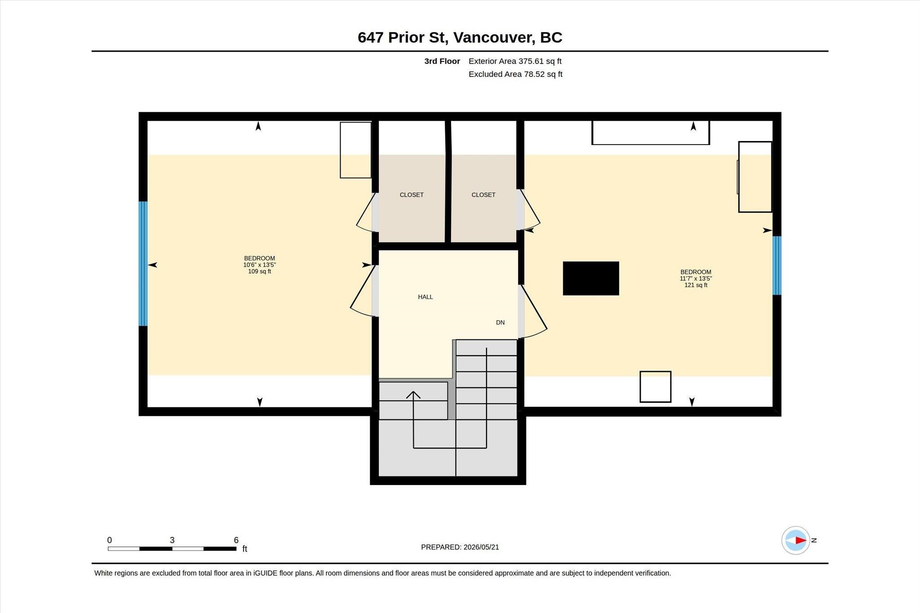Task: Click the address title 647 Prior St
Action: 402,37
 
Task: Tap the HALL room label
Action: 425,297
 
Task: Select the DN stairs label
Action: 500,322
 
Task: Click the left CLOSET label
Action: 411,195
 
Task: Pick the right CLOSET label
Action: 483,195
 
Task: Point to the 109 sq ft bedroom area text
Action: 260,272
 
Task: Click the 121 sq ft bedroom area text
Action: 696,285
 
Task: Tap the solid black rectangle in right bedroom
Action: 591,278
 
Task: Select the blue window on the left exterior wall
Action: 143,264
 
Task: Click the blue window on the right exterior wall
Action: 777,265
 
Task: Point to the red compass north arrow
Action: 800,540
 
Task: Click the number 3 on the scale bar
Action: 172,540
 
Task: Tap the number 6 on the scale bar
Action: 236,540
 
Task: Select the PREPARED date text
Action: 460,547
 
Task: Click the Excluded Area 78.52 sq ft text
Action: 515,74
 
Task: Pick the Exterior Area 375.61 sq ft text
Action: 515,61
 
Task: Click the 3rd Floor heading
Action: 442,61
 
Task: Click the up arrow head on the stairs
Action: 413,395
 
